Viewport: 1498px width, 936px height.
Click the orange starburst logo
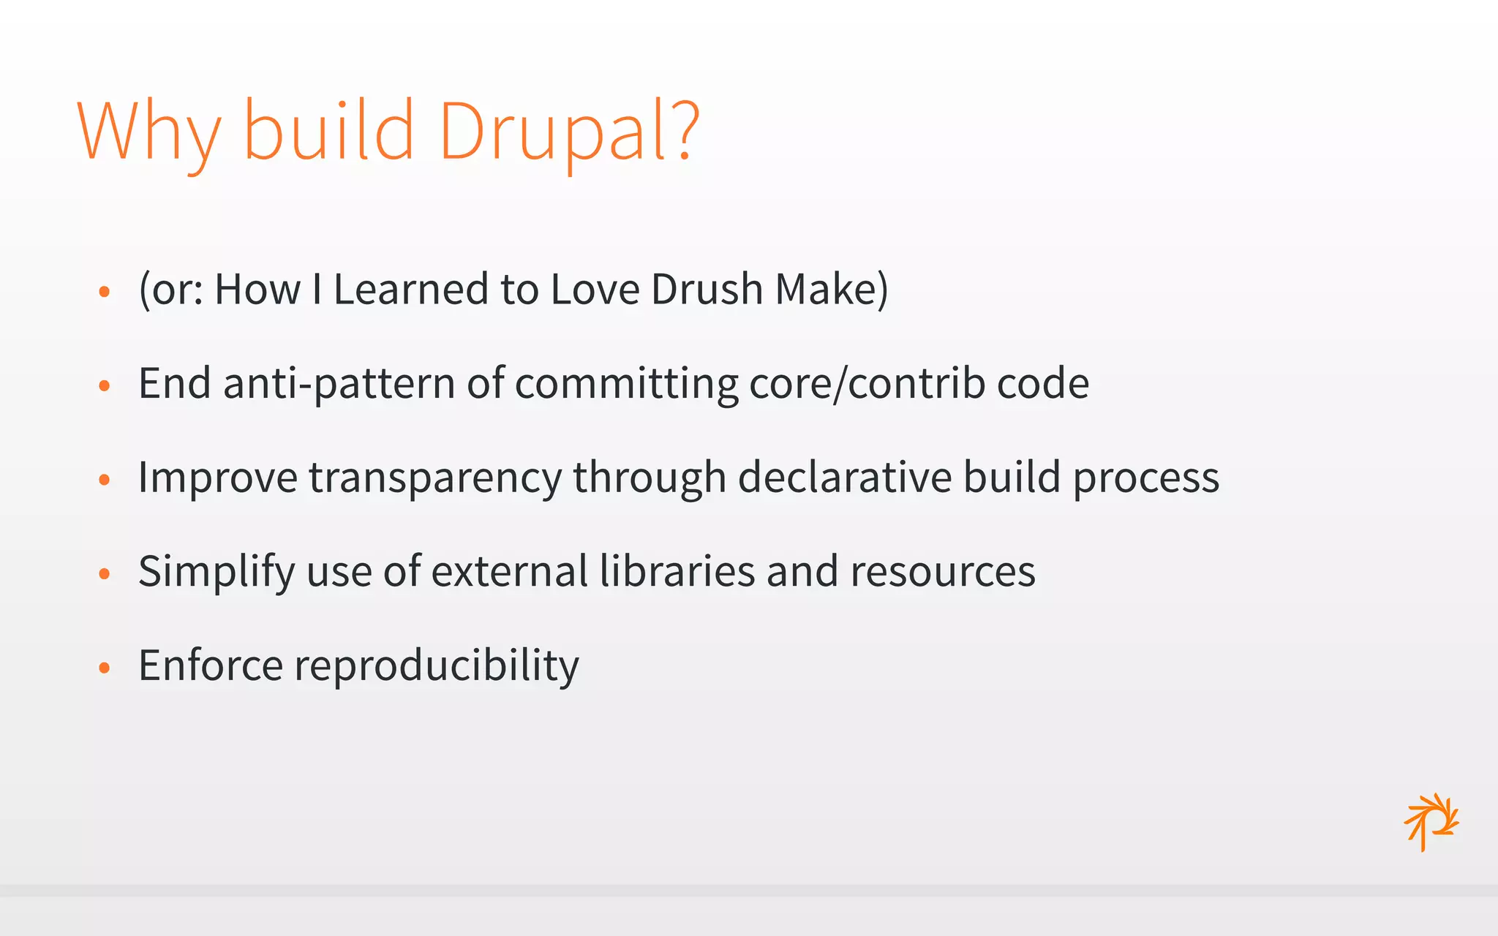click(1431, 821)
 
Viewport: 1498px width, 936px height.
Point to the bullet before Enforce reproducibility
click(105, 668)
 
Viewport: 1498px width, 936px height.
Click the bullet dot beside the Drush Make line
click(105, 292)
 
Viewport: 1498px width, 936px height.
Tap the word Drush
click(707, 289)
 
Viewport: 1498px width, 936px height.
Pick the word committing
click(627, 384)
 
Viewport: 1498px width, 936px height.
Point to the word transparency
click(434, 478)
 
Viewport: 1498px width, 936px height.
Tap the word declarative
click(844, 477)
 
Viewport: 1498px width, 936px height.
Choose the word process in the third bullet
click(1146, 478)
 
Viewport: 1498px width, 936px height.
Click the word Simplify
click(217, 572)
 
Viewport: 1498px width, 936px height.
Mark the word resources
click(943, 572)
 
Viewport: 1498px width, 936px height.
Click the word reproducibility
click(436, 666)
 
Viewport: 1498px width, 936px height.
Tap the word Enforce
click(211, 665)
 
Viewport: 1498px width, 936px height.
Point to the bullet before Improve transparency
click(105, 480)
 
